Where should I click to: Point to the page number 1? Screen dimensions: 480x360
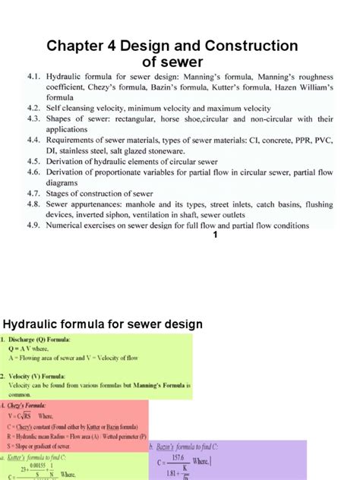click(216, 236)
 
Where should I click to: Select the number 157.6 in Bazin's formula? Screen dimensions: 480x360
click(221, 456)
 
